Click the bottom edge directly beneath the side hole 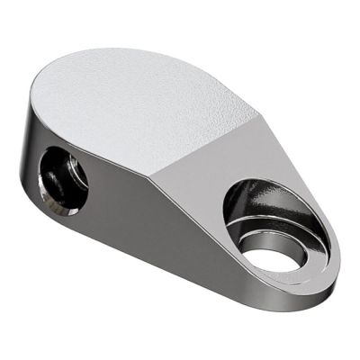tap(67, 225)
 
